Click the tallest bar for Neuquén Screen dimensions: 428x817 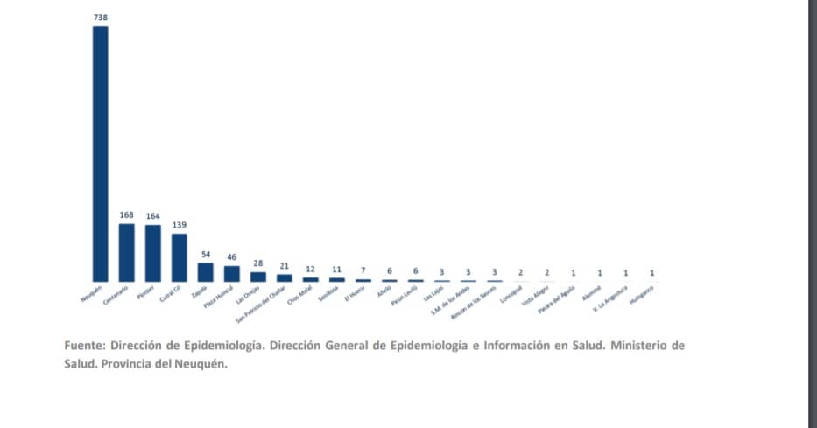coord(101,153)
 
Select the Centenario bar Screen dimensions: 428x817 coord(127,252)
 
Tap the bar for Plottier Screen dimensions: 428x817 coord(153,253)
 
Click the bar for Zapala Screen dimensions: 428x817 coord(206,271)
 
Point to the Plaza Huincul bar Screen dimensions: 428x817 coord(232,273)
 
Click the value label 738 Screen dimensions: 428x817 coord(101,17)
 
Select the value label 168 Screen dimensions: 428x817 coord(127,214)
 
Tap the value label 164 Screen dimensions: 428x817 coord(153,215)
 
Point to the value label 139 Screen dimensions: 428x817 coord(180,225)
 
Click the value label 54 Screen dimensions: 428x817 coord(206,254)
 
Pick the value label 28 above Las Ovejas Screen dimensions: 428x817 coord(258,263)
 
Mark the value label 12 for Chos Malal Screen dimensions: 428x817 coord(311,269)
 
